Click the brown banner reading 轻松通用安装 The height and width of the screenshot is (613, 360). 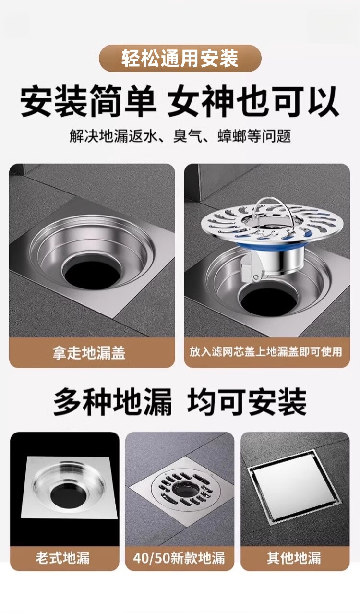[x=180, y=58]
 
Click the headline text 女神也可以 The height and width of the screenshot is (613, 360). [x=253, y=101]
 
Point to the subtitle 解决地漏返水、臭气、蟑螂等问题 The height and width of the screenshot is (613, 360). [x=180, y=136]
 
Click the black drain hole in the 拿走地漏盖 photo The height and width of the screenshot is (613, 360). [x=92, y=272]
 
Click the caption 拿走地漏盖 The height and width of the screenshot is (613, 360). [x=89, y=353]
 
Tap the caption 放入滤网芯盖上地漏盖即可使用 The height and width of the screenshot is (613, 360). [x=266, y=352]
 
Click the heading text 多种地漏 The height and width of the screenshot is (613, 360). [x=113, y=402]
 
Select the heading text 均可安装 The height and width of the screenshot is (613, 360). [x=247, y=402]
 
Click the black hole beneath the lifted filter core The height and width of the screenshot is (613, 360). [x=266, y=299]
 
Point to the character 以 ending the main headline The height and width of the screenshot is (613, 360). [x=324, y=101]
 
